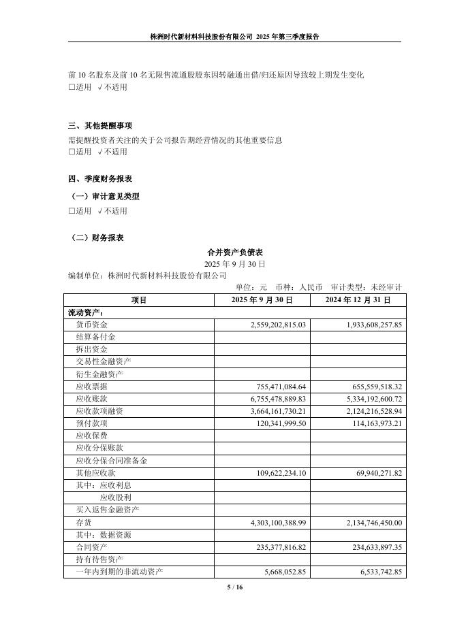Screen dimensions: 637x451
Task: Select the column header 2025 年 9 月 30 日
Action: (262, 299)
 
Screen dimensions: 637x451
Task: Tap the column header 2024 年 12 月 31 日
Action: (358, 299)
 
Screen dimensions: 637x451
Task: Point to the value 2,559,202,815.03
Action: (269, 325)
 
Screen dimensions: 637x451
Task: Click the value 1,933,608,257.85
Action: (365, 325)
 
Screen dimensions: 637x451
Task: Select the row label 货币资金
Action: (91, 325)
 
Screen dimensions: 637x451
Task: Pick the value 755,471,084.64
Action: (274, 386)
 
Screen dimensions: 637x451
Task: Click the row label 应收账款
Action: (91, 399)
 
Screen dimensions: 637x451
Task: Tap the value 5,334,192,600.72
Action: (365, 399)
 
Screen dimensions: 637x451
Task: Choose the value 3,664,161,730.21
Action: (269, 411)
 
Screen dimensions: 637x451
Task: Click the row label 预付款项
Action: (91, 423)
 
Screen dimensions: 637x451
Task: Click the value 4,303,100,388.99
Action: (269, 522)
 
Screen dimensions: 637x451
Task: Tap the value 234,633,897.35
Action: (370, 546)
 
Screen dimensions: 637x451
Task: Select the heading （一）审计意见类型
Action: (105, 197)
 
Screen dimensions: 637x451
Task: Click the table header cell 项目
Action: (139, 299)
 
